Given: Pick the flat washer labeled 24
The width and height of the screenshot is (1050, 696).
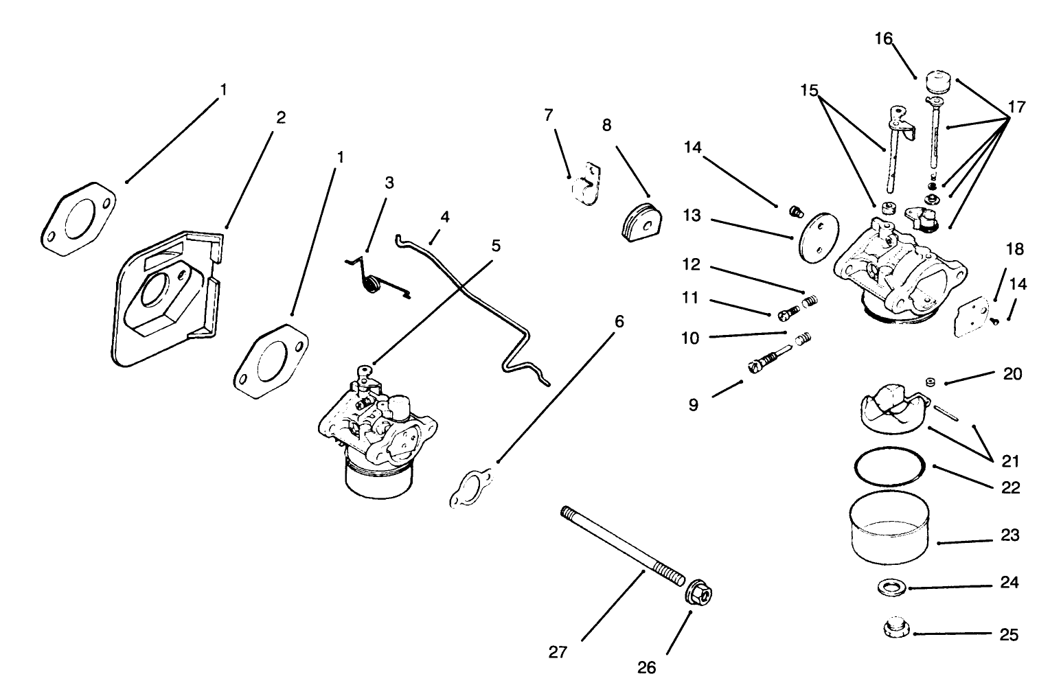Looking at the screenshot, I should (x=890, y=588).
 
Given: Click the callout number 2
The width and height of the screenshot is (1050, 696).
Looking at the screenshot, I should (x=280, y=117).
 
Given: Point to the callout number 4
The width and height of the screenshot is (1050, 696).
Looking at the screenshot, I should (x=445, y=218).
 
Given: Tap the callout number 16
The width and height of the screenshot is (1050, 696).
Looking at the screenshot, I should (x=883, y=39).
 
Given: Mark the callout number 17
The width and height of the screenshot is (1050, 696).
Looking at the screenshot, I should (x=1016, y=107).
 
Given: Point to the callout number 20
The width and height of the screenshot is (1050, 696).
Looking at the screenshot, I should (x=1012, y=374).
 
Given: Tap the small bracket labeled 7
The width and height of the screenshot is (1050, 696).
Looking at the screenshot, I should (x=584, y=183).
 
